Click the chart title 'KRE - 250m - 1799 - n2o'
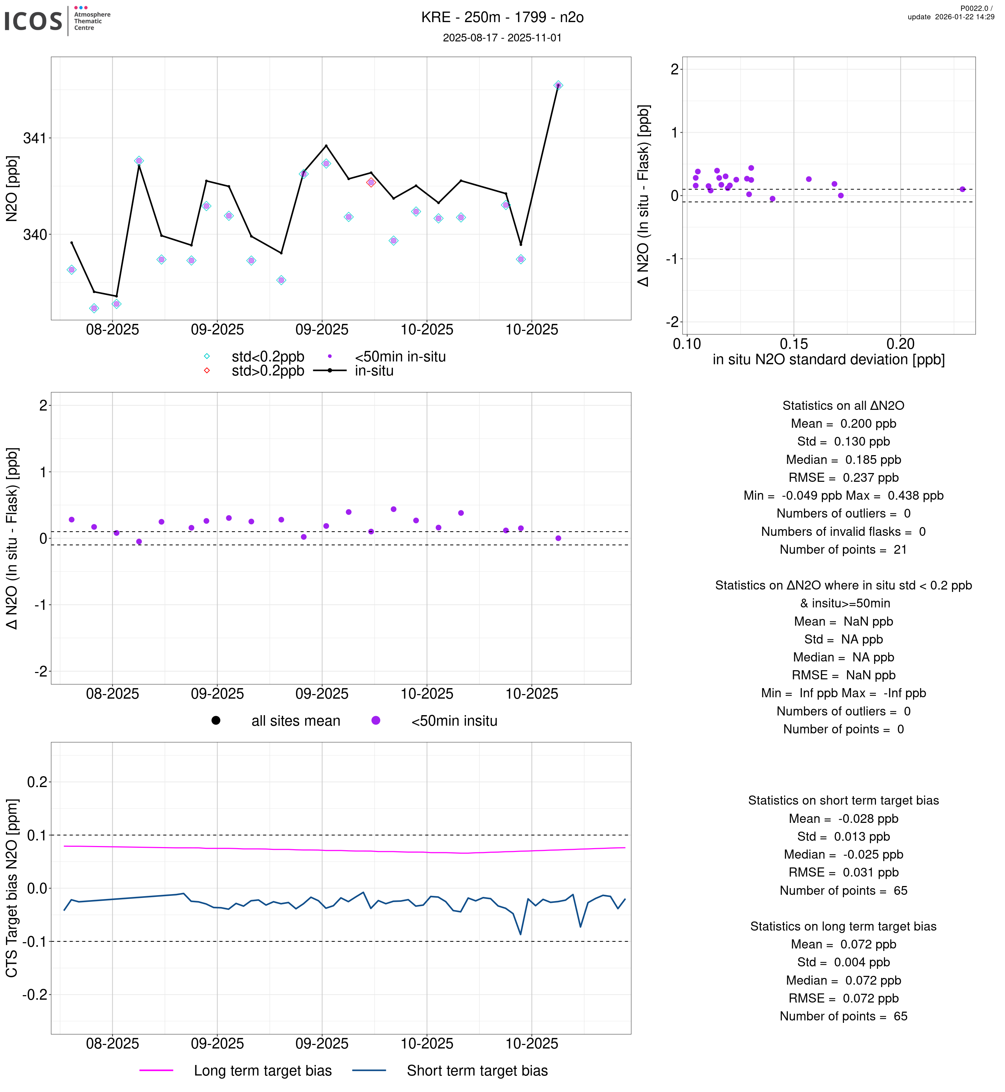point(502,18)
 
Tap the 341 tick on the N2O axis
point(34,138)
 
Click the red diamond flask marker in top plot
point(371,182)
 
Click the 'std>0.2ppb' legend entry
point(268,371)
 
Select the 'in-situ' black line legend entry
point(374,371)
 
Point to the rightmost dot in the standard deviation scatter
point(962,189)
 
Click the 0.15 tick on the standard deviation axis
point(793,344)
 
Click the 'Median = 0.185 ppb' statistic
point(843,460)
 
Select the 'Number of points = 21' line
point(843,550)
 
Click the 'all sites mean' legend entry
point(295,721)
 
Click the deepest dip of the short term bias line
point(521,934)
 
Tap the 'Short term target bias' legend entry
point(477,1071)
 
